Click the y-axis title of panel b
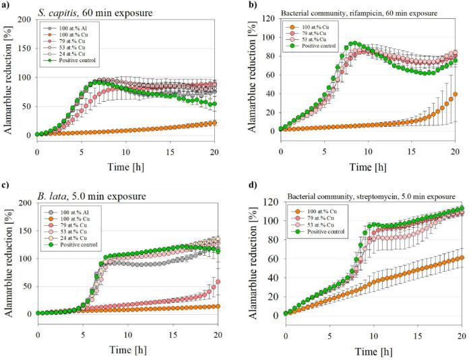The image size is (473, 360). tap(251, 84)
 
